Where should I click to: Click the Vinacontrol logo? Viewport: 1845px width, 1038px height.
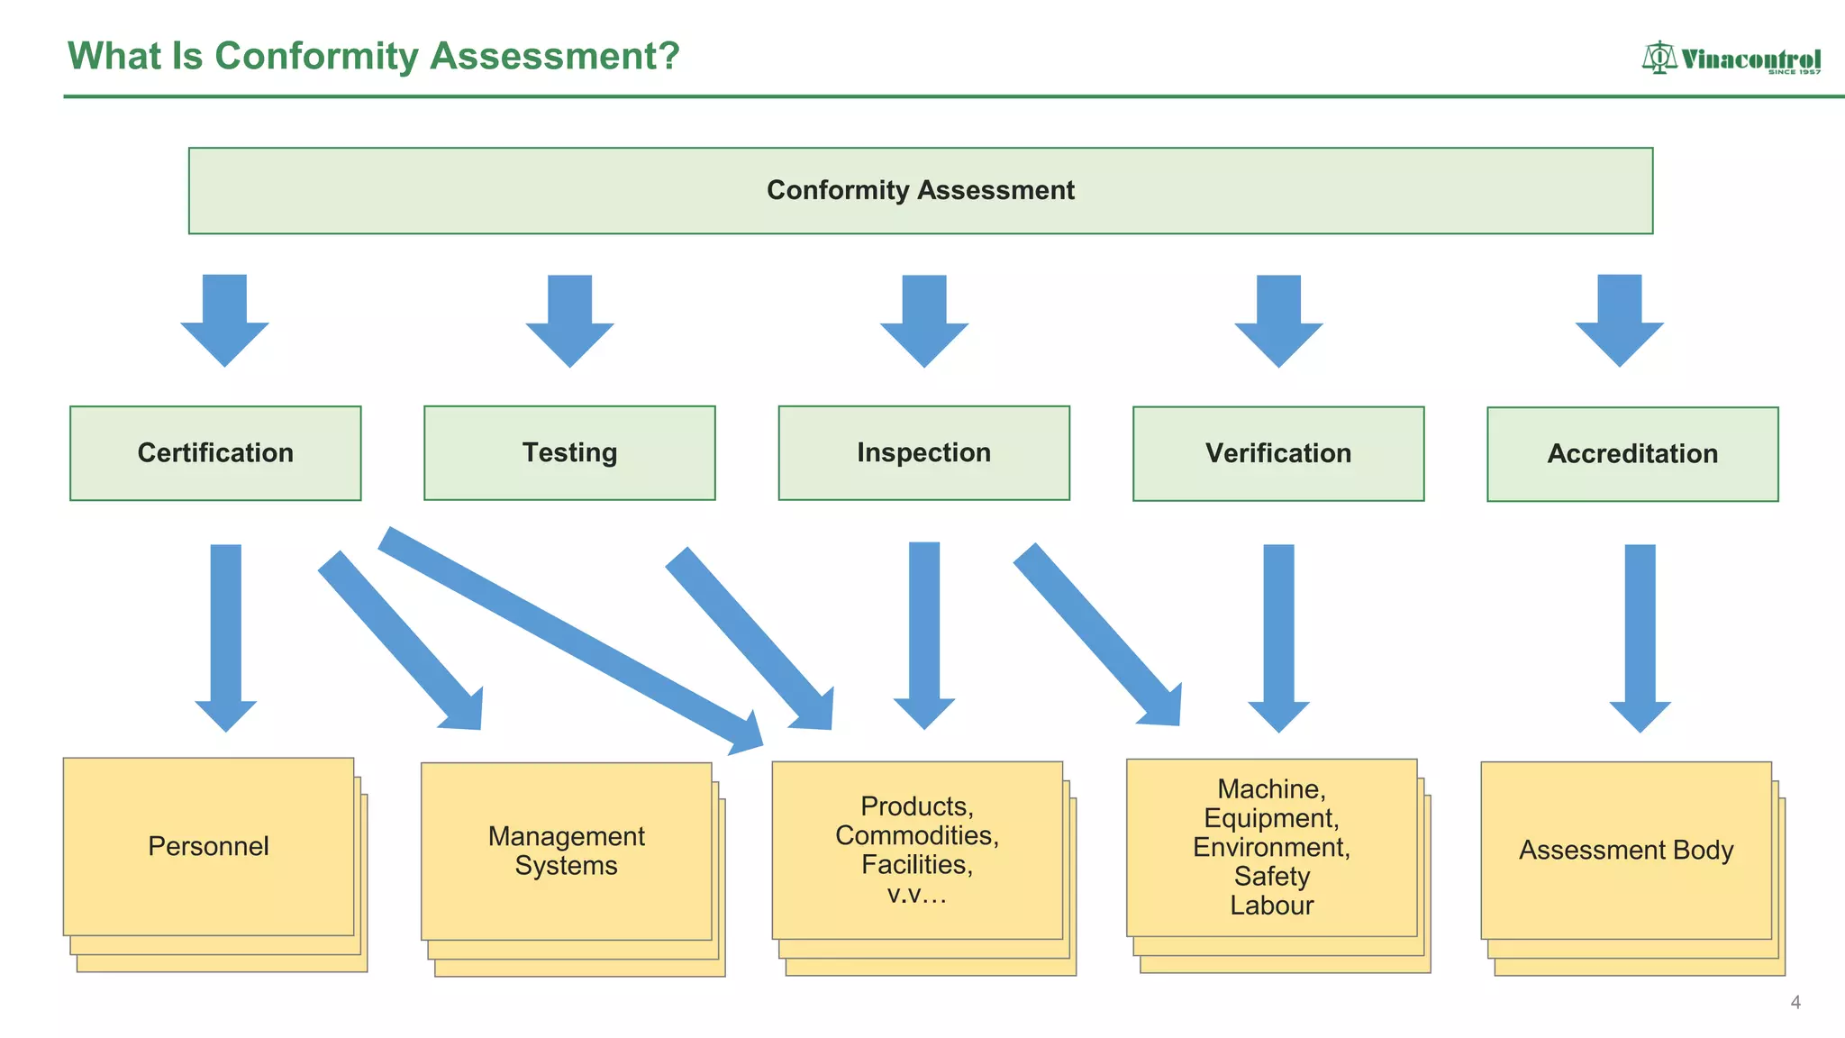[1730, 59]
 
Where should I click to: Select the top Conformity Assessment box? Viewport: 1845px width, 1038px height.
[920, 190]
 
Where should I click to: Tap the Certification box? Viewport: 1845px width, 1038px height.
[215, 452]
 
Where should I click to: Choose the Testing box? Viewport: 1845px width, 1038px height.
[569, 452]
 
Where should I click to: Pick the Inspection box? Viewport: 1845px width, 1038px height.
[923, 452]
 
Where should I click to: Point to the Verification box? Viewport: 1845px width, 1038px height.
[1277, 453]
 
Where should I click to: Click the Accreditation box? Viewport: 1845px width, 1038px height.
[1631, 453]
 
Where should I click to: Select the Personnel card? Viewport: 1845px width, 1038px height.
[208, 846]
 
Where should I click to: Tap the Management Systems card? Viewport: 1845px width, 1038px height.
[566, 851]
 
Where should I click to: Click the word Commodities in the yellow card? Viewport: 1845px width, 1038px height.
[916, 835]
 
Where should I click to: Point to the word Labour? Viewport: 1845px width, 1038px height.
[1271, 905]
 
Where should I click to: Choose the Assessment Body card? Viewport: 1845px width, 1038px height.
[1625, 850]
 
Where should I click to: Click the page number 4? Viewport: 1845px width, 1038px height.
[1795, 1002]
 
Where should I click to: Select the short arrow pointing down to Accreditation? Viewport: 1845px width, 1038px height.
[1619, 319]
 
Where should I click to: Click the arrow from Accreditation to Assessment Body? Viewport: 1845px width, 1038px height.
[1640, 635]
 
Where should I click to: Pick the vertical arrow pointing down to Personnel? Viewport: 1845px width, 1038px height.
[225, 635]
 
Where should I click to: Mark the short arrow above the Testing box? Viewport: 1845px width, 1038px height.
[569, 319]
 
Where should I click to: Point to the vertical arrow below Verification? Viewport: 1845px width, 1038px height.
[1278, 635]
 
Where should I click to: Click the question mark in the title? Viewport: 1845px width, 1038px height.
[668, 56]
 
